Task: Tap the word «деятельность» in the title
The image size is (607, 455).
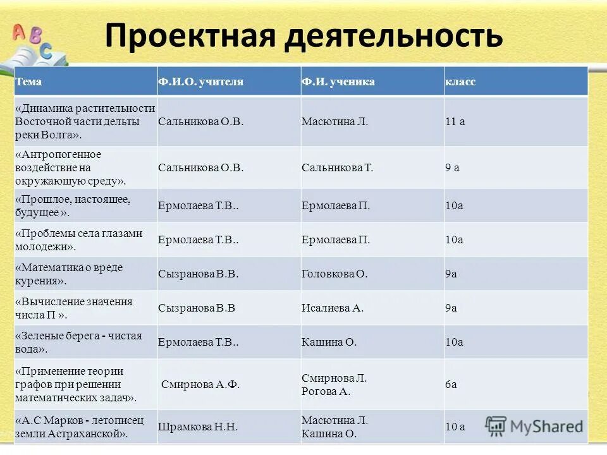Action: click(392, 36)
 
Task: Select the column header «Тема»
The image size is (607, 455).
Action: click(28, 82)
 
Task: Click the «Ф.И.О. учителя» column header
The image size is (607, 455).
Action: click(200, 82)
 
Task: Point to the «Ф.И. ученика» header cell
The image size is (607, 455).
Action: click(338, 82)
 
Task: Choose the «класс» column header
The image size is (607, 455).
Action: click(460, 82)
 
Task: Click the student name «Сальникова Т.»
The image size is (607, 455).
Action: click(338, 167)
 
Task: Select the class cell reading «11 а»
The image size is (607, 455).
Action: click(455, 121)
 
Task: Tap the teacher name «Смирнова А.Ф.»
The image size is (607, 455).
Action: click(200, 384)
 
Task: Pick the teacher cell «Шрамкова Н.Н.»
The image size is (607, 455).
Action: click(198, 427)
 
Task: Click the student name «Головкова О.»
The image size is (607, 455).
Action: click(334, 274)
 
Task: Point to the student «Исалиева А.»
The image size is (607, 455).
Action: click(333, 308)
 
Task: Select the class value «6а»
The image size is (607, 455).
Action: click(451, 384)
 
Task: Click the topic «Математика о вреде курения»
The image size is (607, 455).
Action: click(70, 274)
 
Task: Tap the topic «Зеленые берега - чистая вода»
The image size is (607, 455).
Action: click(78, 342)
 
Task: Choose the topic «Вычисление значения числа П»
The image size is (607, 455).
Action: click(74, 308)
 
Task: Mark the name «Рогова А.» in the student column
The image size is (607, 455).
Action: click(326, 391)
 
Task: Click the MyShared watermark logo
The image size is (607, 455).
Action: click(534, 425)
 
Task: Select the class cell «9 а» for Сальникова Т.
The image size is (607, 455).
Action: click(452, 167)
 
